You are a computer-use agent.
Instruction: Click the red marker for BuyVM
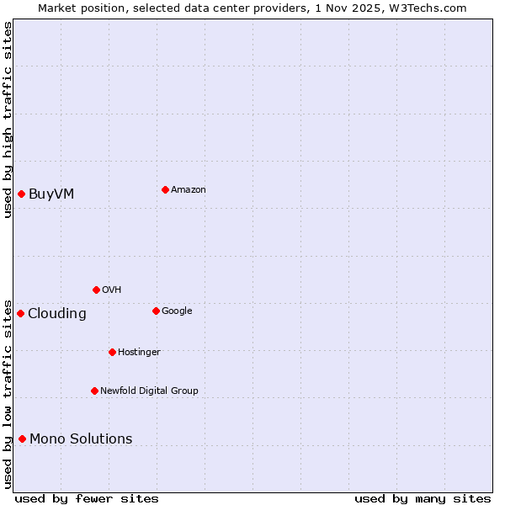coord(21,194)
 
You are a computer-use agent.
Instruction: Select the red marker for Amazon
coord(165,189)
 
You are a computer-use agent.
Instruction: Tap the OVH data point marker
coord(96,290)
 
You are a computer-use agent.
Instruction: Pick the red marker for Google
coord(156,311)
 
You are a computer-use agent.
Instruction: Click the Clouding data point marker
coord(20,313)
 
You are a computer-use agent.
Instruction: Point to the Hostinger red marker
coord(112,352)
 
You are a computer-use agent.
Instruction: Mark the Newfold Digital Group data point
coord(94,391)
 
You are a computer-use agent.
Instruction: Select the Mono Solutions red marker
coord(22,439)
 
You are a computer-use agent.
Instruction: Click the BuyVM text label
coord(51,194)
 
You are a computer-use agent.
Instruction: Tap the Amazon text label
coord(189,189)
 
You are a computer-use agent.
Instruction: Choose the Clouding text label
coord(57,314)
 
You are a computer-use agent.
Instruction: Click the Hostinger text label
coord(139,352)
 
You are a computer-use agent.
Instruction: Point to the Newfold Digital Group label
coord(149,391)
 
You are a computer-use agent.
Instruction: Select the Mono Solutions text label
coord(81,439)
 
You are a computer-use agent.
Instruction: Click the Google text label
coord(177,311)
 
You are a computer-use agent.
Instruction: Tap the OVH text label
coord(112,290)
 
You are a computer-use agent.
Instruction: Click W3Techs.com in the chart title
coord(433,8)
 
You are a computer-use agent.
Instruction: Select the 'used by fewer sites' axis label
coord(87,498)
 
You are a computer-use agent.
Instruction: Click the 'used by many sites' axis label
coord(423,498)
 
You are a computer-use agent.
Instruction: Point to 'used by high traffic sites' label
coord(8,120)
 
